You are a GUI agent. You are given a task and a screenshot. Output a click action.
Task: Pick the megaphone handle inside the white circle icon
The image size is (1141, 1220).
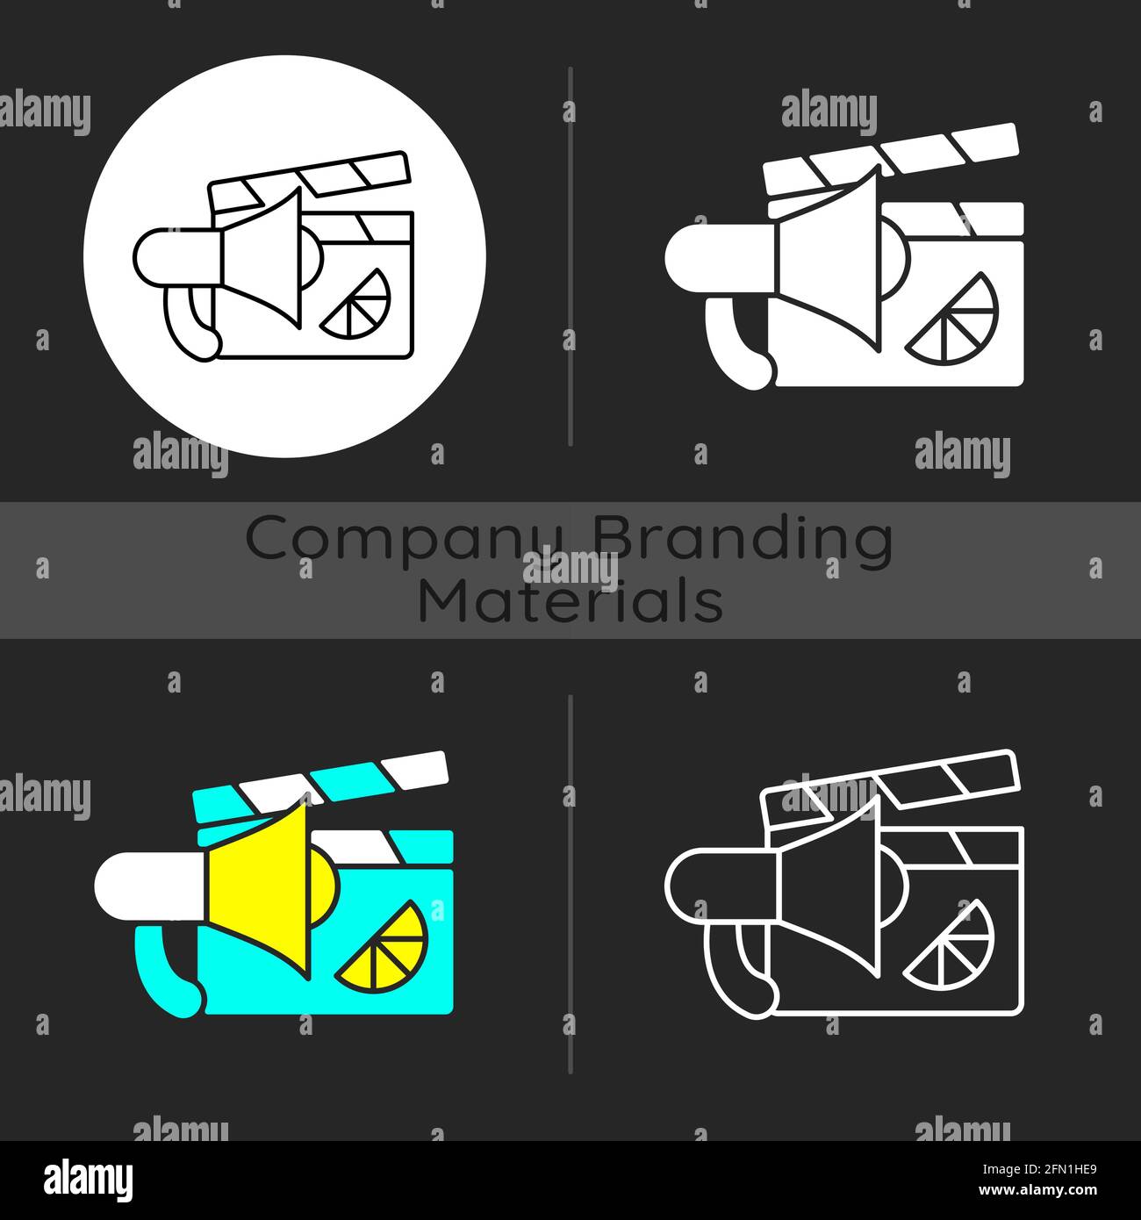pyautogui.click(x=189, y=325)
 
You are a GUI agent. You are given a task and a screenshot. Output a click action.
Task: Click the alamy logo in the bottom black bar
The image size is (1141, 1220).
pyautogui.click(x=88, y=1179)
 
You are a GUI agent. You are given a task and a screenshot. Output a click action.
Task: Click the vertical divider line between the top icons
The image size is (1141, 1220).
pyautogui.click(x=570, y=255)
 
